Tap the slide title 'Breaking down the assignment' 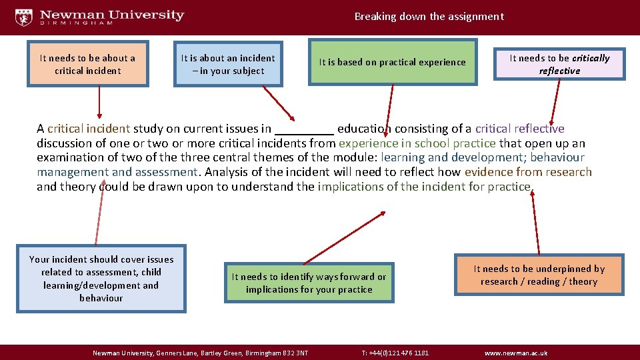(429, 17)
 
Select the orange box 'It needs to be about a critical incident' (87, 64)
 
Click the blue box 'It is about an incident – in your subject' (228, 64)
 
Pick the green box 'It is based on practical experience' (392, 62)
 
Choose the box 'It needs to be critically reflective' (559, 64)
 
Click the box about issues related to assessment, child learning (101, 279)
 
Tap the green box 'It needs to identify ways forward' (309, 283)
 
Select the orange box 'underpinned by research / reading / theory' (539, 275)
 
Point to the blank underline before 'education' (304, 129)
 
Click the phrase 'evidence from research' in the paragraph (528, 172)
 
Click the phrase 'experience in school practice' (417, 143)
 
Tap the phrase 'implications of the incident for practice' (425, 187)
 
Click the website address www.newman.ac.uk (515, 353)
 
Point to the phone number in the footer (395, 353)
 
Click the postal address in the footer (200, 353)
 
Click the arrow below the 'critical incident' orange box (99, 103)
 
